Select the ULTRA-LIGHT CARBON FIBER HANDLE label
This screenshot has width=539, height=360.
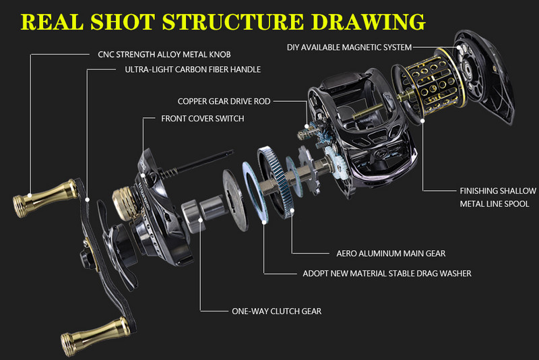tap(193, 69)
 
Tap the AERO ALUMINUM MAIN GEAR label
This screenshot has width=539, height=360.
tap(391, 253)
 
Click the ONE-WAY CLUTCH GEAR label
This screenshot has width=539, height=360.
tap(276, 311)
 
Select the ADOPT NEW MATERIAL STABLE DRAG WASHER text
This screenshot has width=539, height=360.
tap(387, 273)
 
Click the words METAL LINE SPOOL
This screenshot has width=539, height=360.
tap(495, 204)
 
